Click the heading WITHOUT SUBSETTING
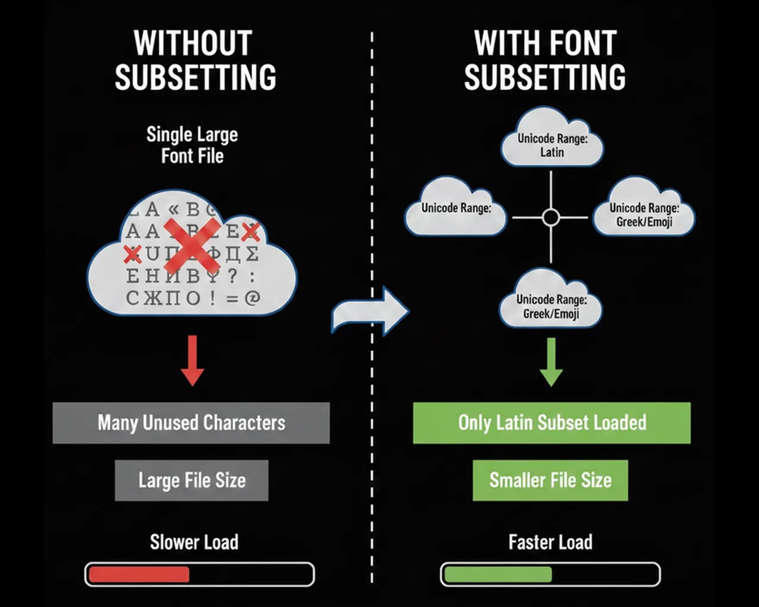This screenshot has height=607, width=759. point(195,60)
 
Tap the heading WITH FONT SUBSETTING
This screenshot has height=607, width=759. point(545,60)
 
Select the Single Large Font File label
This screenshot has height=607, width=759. point(192,145)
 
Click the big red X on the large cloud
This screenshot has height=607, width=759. point(192,247)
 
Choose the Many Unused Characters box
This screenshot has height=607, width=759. point(191,423)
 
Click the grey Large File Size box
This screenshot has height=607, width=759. point(192,480)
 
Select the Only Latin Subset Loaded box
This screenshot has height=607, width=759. point(551,423)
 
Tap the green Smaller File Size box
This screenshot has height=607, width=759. point(550,480)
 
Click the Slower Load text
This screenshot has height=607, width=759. point(194,542)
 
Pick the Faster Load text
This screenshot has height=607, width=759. point(550,542)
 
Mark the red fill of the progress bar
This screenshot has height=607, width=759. point(139,574)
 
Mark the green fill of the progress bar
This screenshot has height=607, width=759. point(498,574)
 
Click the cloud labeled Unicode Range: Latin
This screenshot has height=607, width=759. point(552,140)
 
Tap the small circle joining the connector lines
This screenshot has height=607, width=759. point(551,218)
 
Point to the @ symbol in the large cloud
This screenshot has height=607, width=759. point(253,298)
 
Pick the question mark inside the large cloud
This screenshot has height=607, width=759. point(232,276)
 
